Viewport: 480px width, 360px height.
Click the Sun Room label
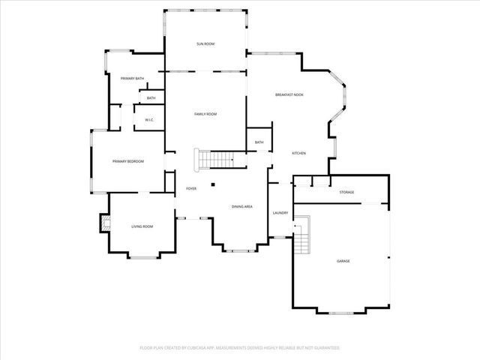pyautogui.click(x=205, y=44)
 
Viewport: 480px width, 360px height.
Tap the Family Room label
pyautogui.click(x=205, y=114)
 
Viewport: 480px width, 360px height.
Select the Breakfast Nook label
pyautogui.click(x=289, y=94)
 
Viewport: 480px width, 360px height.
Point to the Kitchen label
pyautogui.click(x=298, y=153)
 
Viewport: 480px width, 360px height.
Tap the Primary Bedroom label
pyautogui.click(x=127, y=161)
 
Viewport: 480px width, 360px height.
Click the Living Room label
pyautogui.click(x=142, y=226)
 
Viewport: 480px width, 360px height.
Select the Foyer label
pyautogui.click(x=191, y=188)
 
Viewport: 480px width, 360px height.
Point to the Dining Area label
pyautogui.click(x=241, y=206)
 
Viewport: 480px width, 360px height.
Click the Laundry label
pyautogui.click(x=280, y=213)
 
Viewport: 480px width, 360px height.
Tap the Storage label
pyautogui.click(x=346, y=192)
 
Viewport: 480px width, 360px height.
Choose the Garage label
pyautogui.click(x=343, y=261)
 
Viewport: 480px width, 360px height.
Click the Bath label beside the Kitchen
pyautogui.click(x=259, y=142)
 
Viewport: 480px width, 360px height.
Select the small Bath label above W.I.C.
pyautogui.click(x=151, y=98)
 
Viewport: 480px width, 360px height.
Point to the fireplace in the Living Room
pyautogui.click(x=104, y=223)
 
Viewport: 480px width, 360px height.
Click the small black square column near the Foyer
pyautogui.click(x=213, y=184)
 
